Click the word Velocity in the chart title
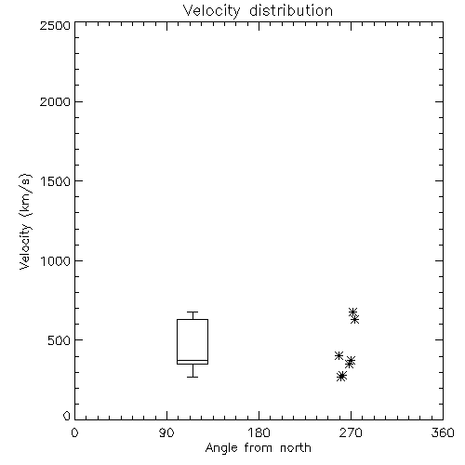tap(211, 11)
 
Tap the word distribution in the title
tap(291, 10)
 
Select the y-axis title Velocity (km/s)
tap(25, 221)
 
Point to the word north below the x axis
tap(296, 447)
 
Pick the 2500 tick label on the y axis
tap(55, 25)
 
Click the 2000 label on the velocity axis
tap(55, 101)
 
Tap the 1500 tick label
tap(56, 181)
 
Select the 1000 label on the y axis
tap(56, 260)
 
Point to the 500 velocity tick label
tap(60, 340)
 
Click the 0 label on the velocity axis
tap(67, 416)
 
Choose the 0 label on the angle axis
tap(74, 432)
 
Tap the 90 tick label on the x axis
tap(166, 432)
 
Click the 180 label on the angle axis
tap(259, 432)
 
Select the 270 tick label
tap(351, 432)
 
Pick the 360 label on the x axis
tap(443, 432)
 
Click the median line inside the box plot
tap(193, 360)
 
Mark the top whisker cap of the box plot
tap(193, 312)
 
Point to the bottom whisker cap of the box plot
tap(193, 377)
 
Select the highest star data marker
tap(352, 312)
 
